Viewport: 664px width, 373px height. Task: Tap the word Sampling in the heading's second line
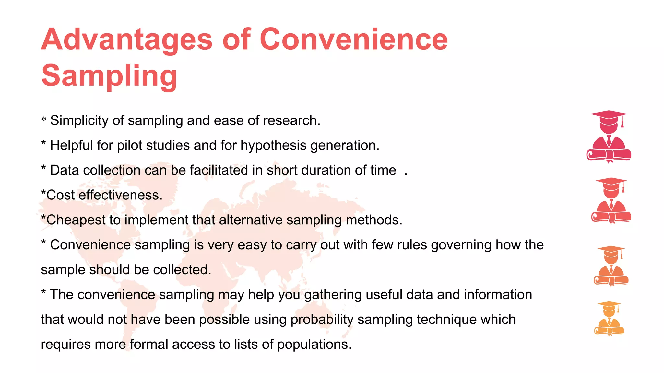(x=109, y=76)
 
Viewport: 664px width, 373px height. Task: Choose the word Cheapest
(x=76, y=220)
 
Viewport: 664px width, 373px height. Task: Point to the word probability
(x=322, y=320)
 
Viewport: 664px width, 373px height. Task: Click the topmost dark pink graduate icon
(x=609, y=136)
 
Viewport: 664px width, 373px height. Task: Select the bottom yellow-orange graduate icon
(x=609, y=319)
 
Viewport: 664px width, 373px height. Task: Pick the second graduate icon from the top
(x=611, y=201)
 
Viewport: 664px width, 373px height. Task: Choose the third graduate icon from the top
(x=611, y=266)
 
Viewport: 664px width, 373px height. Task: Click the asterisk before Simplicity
(x=44, y=120)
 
